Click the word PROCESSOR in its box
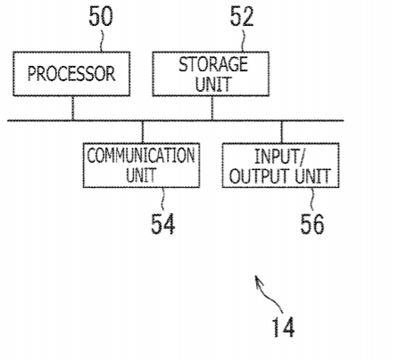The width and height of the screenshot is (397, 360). tap(71, 73)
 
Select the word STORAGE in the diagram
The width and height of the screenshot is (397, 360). tap(213, 64)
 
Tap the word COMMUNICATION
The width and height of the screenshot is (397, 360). tap(141, 155)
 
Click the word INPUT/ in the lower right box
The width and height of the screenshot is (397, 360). tap(280, 156)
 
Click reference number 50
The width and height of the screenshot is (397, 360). tap(101, 16)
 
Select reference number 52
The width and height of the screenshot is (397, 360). tap(242, 17)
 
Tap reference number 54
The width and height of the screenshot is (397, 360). tap(162, 224)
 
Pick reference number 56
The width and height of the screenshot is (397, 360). tap(312, 224)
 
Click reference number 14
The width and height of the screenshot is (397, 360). tap(284, 327)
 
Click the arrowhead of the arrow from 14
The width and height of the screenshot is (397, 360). tap(258, 280)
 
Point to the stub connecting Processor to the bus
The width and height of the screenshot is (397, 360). tap(73, 108)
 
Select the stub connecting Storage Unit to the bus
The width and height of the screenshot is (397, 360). tap(212, 108)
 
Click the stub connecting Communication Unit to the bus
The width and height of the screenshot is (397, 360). tap(143, 132)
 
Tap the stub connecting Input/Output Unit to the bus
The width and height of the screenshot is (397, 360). tap(282, 132)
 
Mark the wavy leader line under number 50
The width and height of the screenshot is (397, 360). tap(101, 39)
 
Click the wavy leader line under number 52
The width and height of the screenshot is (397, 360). tap(243, 39)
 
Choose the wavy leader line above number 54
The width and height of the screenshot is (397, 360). tap(162, 200)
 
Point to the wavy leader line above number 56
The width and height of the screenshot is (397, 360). tap(312, 200)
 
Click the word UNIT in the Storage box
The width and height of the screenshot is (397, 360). tap(213, 84)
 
